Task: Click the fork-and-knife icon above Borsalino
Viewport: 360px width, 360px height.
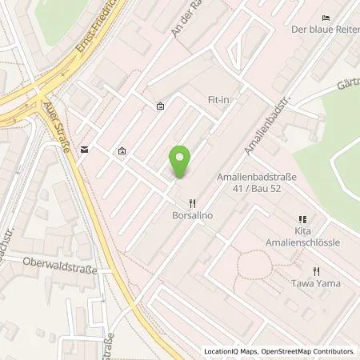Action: tap(190, 203)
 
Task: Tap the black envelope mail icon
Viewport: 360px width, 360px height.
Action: tap(84, 149)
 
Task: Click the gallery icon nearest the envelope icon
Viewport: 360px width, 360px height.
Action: tap(122, 150)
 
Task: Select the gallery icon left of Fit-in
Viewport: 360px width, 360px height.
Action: tap(160, 106)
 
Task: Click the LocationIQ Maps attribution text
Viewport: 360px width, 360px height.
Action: tap(231, 351)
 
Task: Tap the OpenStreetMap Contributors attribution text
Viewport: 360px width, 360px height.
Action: tap(307, 351)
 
